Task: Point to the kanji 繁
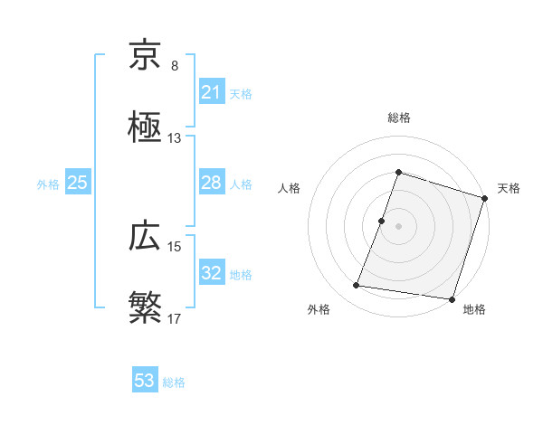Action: coord(145,307)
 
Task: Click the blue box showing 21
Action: coord(211,92)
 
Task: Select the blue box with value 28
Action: coord(211,184)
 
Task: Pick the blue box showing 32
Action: coord(211,273)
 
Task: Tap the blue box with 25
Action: coord(78,184)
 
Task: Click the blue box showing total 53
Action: coord(145,381)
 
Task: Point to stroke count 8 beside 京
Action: coord(175,66)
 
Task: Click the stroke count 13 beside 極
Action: coord(175,138)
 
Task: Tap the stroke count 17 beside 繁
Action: coord(175,319)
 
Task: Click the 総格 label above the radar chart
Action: coord(398,118)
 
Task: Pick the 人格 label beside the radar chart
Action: coord(290,188)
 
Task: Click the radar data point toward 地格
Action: coord(452,298)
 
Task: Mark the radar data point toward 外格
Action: coord(357,286)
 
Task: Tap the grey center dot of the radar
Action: coord(398,225)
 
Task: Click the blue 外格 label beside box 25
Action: coord(48,184)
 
